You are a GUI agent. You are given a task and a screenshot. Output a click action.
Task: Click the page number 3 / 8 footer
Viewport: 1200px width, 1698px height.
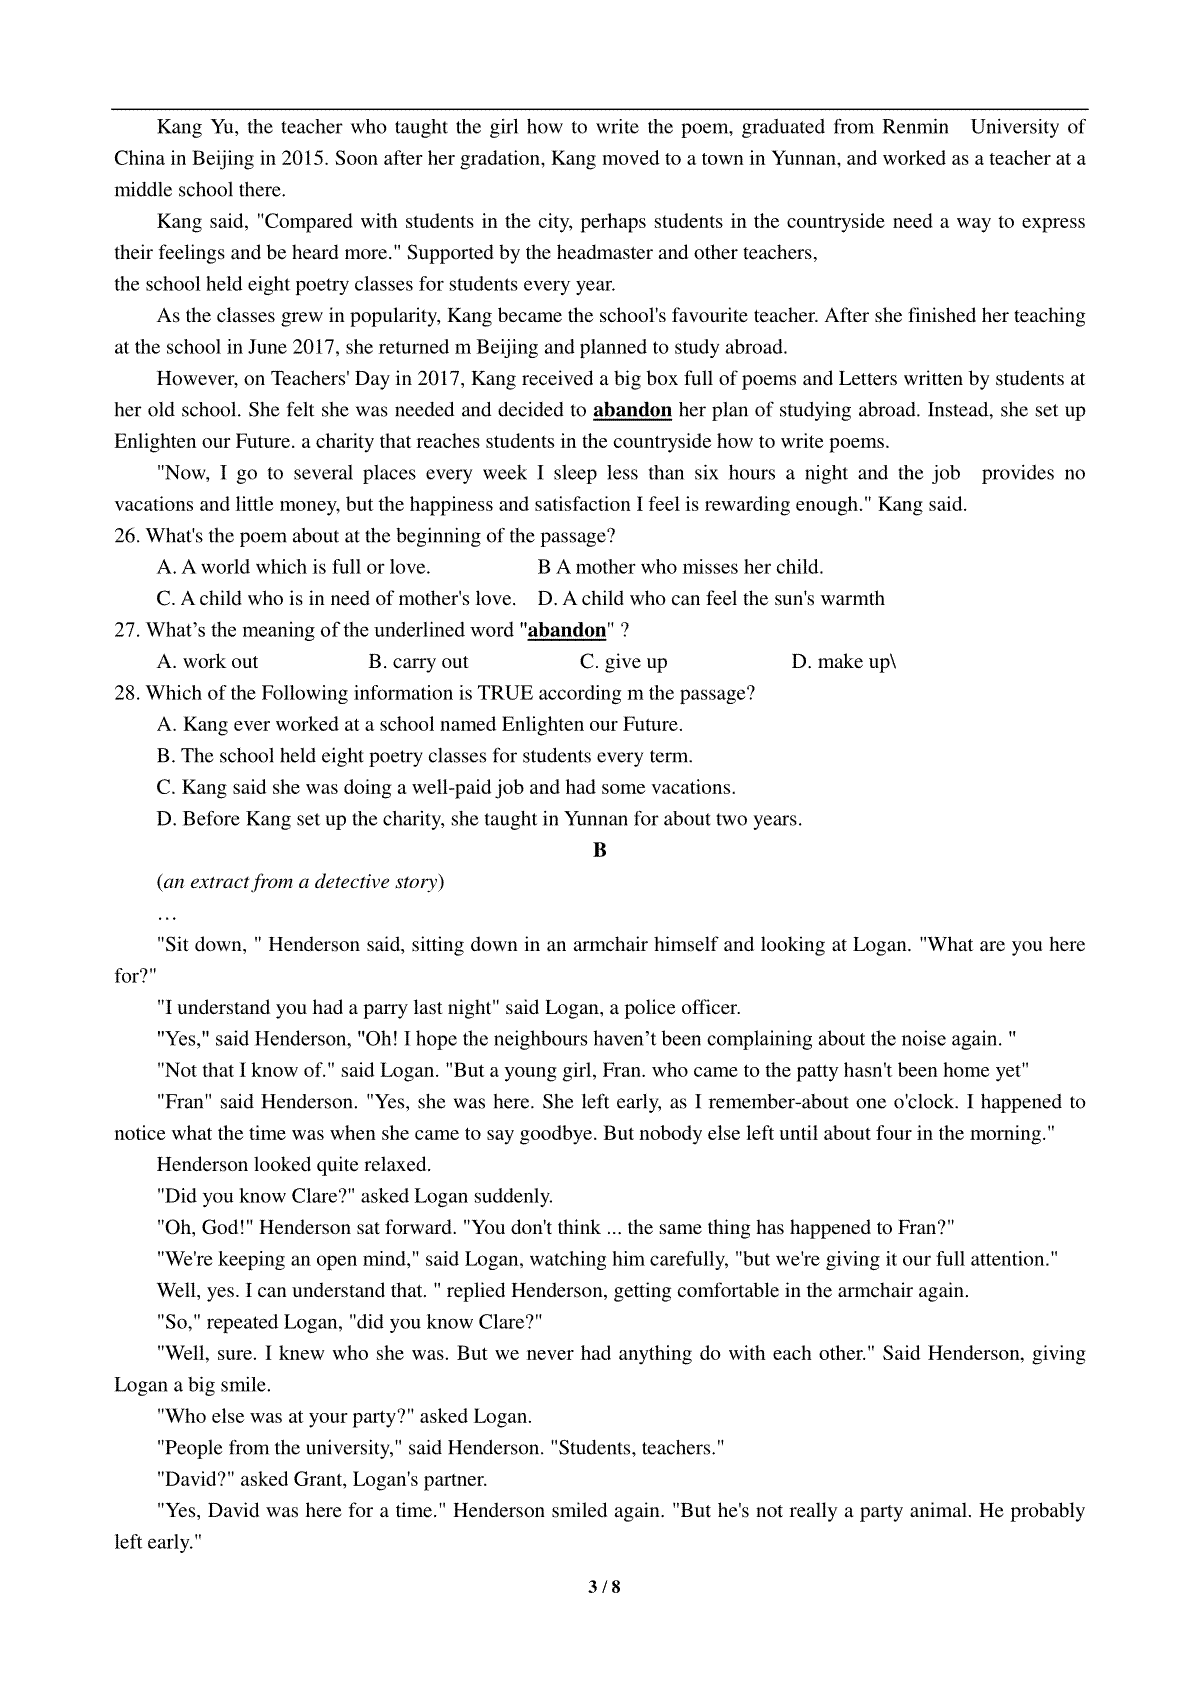600,1586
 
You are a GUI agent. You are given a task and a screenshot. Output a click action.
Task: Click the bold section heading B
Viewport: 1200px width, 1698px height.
600,850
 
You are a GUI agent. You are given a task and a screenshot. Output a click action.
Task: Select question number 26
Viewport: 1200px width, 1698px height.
127,536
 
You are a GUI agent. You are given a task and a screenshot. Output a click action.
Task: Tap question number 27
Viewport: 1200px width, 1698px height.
127,630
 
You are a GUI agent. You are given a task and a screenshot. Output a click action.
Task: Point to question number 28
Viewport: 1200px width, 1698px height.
127,693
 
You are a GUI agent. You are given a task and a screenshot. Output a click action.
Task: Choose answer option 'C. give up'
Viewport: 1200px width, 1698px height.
623,662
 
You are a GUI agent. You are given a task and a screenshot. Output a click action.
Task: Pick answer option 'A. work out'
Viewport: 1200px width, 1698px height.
207,662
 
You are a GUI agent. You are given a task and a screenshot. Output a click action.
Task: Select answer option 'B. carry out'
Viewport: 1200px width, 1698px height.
418,662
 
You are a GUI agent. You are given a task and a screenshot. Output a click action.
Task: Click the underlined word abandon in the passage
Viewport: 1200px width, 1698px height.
632,410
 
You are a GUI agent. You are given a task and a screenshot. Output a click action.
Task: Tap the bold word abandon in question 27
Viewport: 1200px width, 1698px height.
566,630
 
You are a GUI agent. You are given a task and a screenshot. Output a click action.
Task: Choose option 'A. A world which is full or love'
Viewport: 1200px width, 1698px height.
293,567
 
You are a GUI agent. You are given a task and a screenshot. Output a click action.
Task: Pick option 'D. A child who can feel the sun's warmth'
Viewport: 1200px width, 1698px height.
711,599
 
